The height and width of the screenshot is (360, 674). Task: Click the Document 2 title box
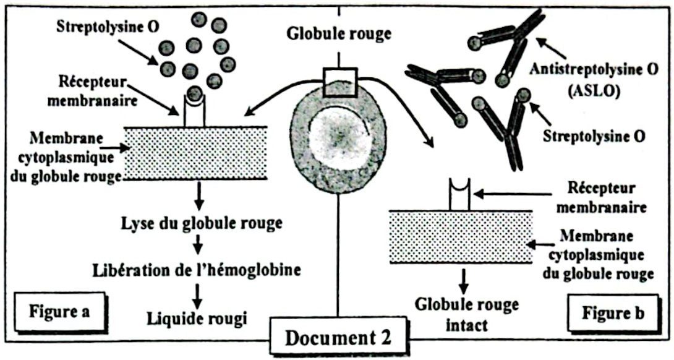tap(338, 338)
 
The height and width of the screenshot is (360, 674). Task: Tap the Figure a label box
tap(59, 311)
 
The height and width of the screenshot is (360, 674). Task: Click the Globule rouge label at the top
tap(339, 33)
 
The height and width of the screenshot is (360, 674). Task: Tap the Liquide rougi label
tap(197, 318)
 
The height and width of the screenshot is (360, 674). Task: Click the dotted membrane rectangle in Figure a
tap(195, 153)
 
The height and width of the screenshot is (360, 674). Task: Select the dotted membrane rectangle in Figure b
tap(460, 237)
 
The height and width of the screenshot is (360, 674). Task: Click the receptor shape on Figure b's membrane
tap(460, 194)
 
